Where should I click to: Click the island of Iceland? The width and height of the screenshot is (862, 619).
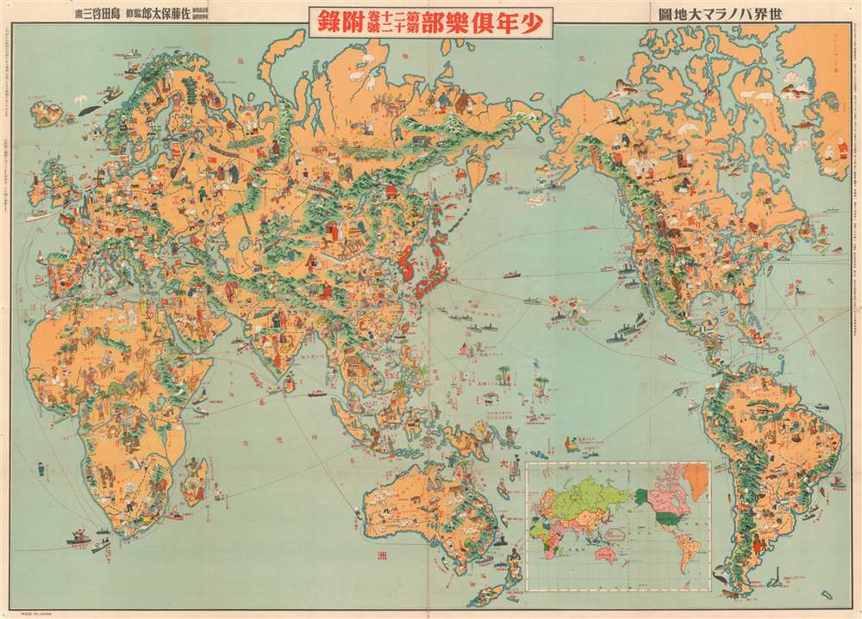42,109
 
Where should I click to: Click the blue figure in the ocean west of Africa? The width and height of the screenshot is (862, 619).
41,470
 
